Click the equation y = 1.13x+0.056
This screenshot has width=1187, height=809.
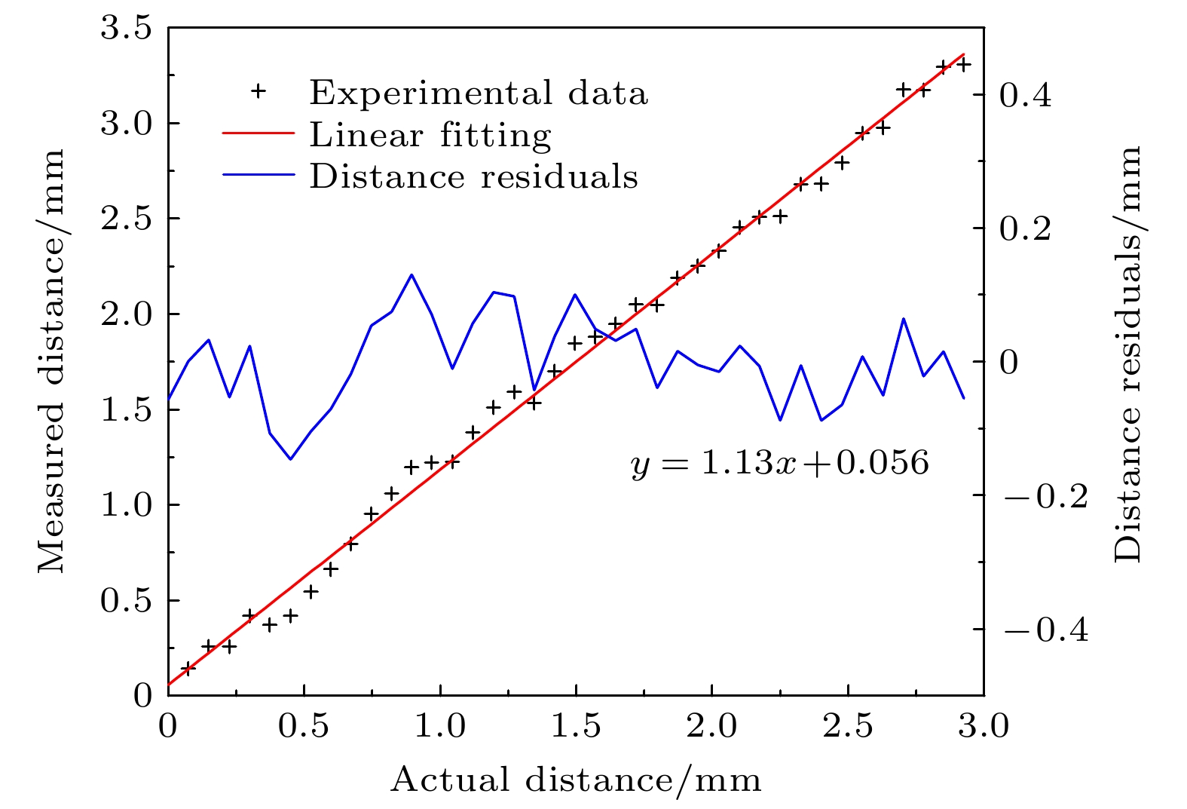[780, 462]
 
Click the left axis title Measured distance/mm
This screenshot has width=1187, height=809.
[51, 360]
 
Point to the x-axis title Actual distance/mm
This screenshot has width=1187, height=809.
[576, 780]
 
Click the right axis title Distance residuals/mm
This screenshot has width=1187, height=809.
[1127, 354]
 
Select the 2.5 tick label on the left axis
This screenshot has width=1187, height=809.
[126, 219]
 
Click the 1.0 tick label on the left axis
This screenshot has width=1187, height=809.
[126, 505]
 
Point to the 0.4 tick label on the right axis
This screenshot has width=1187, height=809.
[1026, 95]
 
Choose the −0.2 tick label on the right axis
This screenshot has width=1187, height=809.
[1045, 496]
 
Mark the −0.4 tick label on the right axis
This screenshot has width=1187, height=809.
[1045, 630]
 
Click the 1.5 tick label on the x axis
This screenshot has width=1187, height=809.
[575, 726]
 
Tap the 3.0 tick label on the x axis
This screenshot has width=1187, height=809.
[983, 726]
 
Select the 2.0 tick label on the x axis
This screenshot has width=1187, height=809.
[711, 726]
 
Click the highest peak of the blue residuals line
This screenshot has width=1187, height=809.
[411, 274]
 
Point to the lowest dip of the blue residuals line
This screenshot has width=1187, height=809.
[290, 459]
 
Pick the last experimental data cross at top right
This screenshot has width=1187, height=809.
[963, 65]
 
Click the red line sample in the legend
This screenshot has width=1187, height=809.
[259, 133]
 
